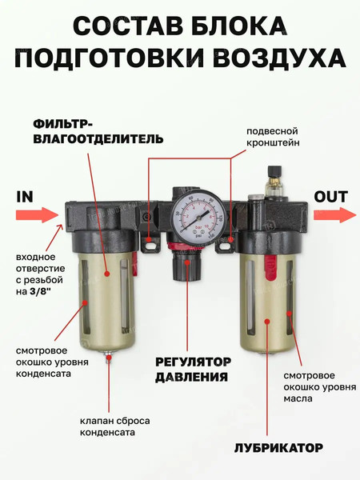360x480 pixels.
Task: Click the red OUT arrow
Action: pyautogui.click(x=334, y=214)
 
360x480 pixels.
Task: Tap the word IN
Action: pyautogui.click(x=24, y=195)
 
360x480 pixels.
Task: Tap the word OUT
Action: pyautogui.click(x=330, y=196)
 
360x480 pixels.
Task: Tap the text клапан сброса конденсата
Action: pyautogui.click(x=114, y=426)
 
